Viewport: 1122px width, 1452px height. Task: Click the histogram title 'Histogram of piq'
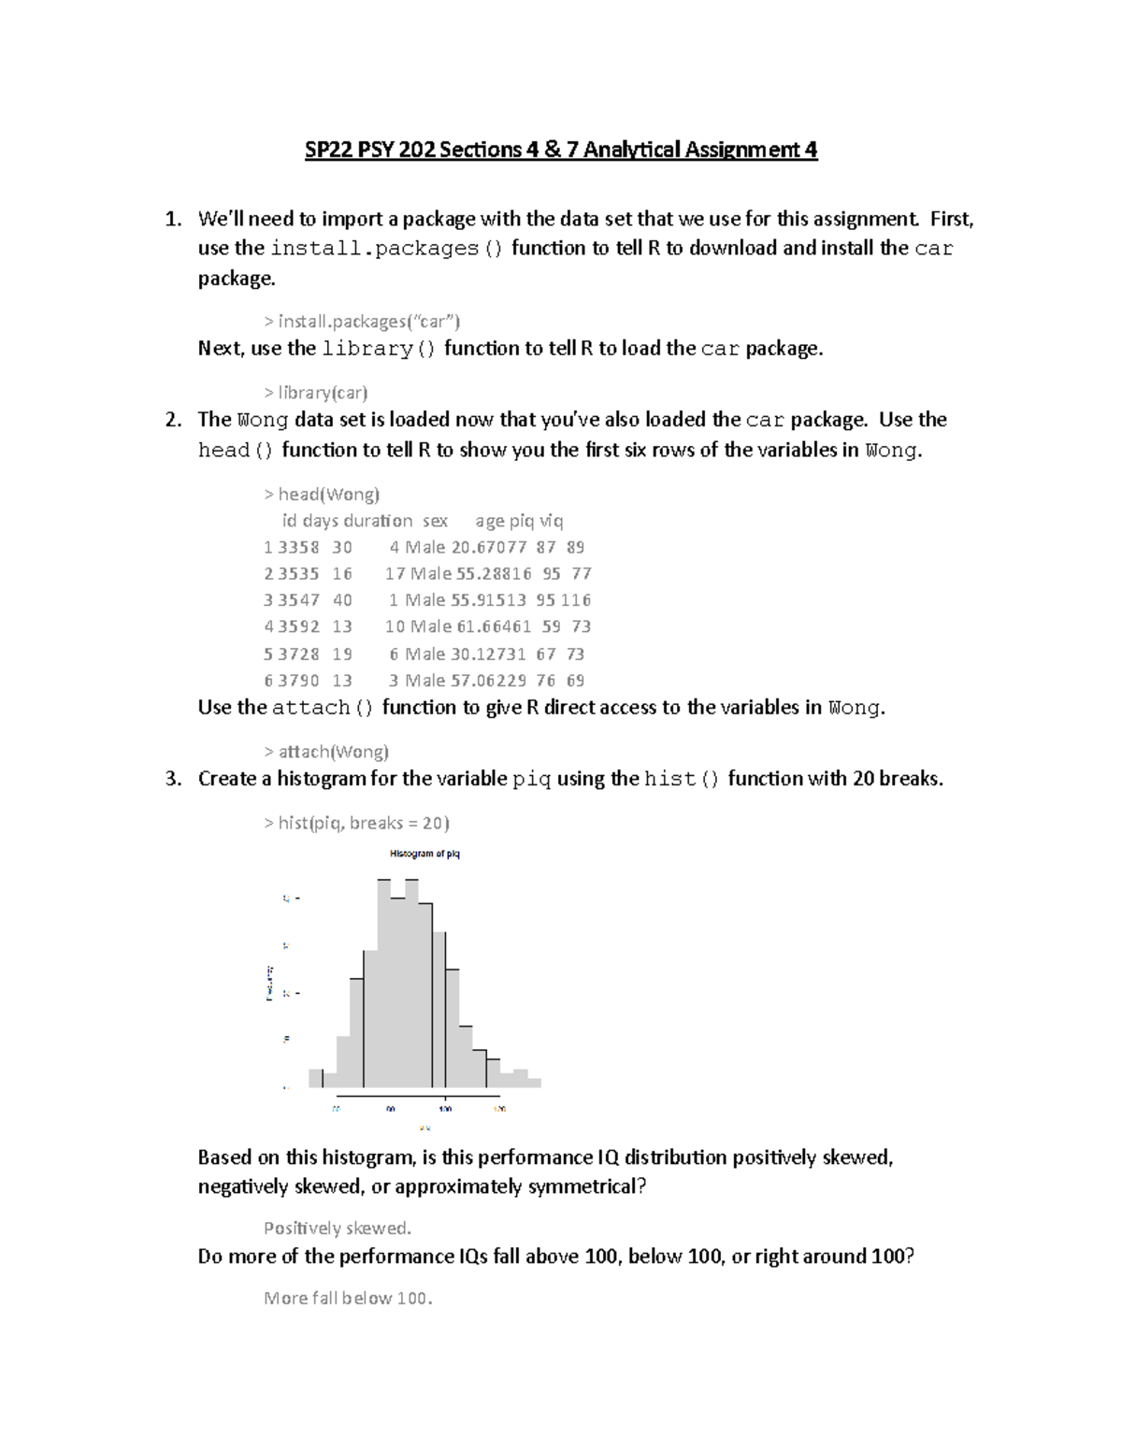[x=424, y=854]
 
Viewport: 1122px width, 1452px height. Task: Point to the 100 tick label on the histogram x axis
[x=445, y=1109]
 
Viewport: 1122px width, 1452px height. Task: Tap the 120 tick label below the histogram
[x=499, y=1109]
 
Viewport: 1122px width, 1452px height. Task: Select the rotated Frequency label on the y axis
[x=269, y=983]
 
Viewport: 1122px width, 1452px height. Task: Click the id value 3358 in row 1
[x=298, y=548]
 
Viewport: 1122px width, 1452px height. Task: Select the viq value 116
[x=576, y=600]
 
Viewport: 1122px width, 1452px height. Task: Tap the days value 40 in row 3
[x=342, y=600]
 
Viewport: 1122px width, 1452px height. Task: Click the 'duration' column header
[x=378, y=521]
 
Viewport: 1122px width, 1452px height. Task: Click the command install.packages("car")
[x=362, y=322]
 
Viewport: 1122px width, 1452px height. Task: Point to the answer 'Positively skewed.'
[x=338, y=1229]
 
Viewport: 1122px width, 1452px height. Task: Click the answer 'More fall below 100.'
[x=348, y=1299]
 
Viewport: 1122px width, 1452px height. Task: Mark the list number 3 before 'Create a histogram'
[x=173, y=779]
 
